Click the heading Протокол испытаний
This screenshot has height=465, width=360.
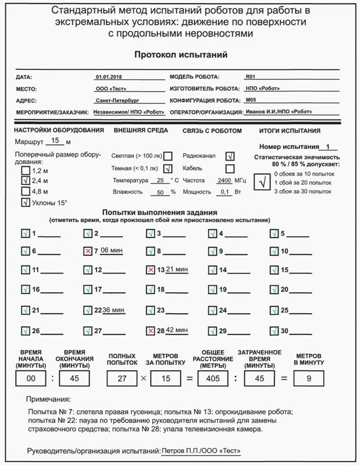tap(180, 55)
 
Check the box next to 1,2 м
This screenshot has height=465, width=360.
tap(25, 171)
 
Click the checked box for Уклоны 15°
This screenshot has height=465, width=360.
tap(25, 203)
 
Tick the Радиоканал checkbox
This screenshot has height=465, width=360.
tap(230, 156)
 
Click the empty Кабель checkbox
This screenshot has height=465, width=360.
tap(230, 169)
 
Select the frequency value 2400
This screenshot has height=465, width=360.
tap(224, 180)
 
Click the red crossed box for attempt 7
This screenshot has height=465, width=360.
tap(88, 251)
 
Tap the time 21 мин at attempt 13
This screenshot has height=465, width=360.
tap(177, 269)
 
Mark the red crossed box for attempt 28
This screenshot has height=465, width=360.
tap(151, 331)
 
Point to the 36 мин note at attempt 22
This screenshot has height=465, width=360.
tap(113, 310)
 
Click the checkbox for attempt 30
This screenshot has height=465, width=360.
tap(275, 331)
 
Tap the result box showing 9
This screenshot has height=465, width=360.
tap(309, 379)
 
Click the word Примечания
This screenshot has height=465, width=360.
tap(49, 400)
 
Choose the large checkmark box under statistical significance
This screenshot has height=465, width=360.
tap(263, 183)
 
